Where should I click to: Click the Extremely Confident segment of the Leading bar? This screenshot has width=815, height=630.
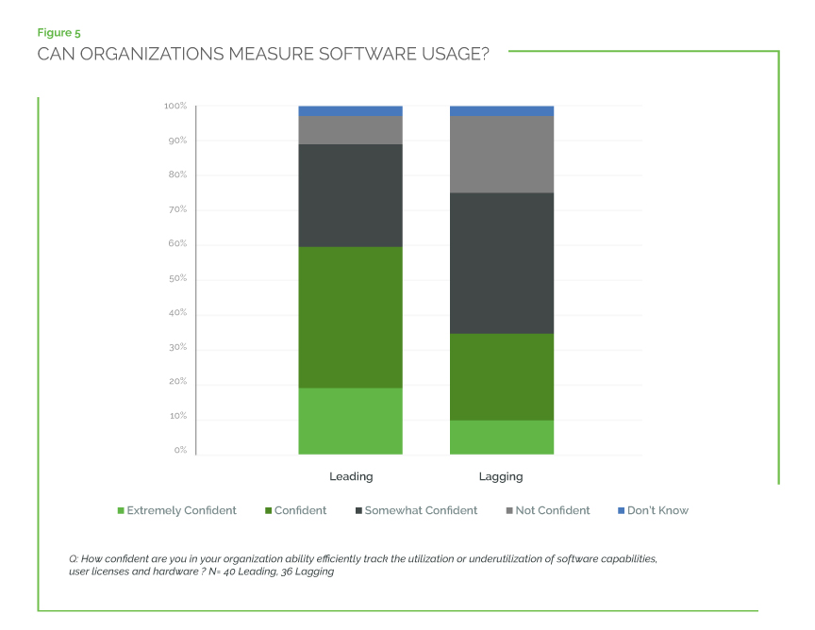tap(350, 421)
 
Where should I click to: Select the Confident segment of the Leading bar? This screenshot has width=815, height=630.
tap(350, 317)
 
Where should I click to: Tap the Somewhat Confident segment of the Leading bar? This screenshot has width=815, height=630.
tap(350, 195)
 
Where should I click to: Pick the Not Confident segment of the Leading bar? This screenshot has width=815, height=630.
tap(350, 130)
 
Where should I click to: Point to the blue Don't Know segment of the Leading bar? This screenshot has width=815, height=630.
tap(350, 110)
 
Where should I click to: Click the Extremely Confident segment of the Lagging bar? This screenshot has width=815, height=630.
tap(501, 437)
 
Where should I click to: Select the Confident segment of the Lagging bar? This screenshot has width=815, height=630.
tap(501, 376)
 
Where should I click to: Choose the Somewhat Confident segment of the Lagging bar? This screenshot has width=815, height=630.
tap(501, 263)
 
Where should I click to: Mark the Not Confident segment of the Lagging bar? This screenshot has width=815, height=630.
tap(501, 155)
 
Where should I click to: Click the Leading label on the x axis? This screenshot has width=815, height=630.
tap(350, 476)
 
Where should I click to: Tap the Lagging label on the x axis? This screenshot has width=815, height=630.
tap(501, 476)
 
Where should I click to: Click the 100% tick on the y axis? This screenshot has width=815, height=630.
tap(175, 106)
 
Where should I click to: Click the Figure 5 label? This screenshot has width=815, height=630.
tap(58, 33)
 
